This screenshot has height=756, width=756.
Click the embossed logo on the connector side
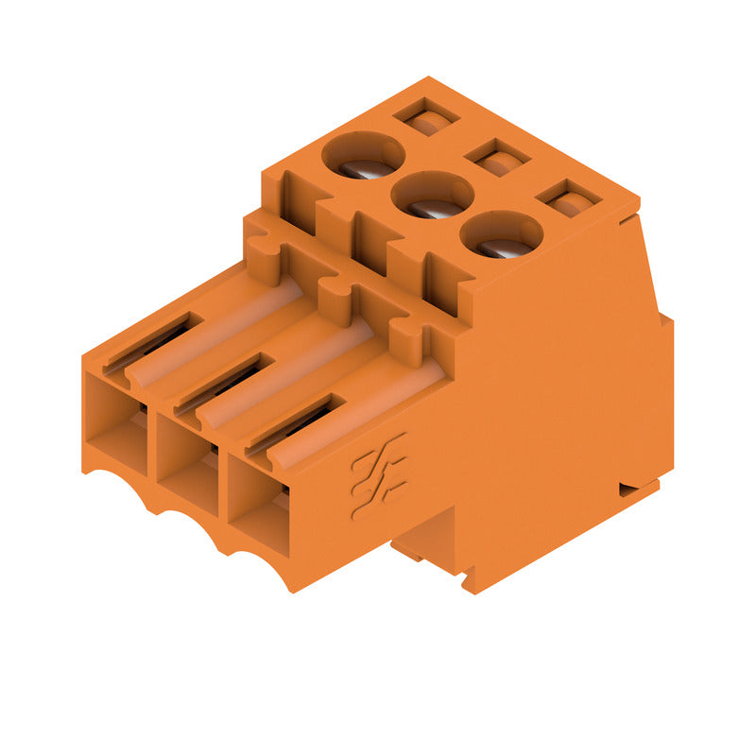[x=379, y=476]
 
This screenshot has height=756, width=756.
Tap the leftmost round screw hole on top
[x=364, y=155]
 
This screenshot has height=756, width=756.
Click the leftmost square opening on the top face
[x=426, y=117]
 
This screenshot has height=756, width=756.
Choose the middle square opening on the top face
[x=498, y=157]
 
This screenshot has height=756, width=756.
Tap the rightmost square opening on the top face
[x=569, y=198]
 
